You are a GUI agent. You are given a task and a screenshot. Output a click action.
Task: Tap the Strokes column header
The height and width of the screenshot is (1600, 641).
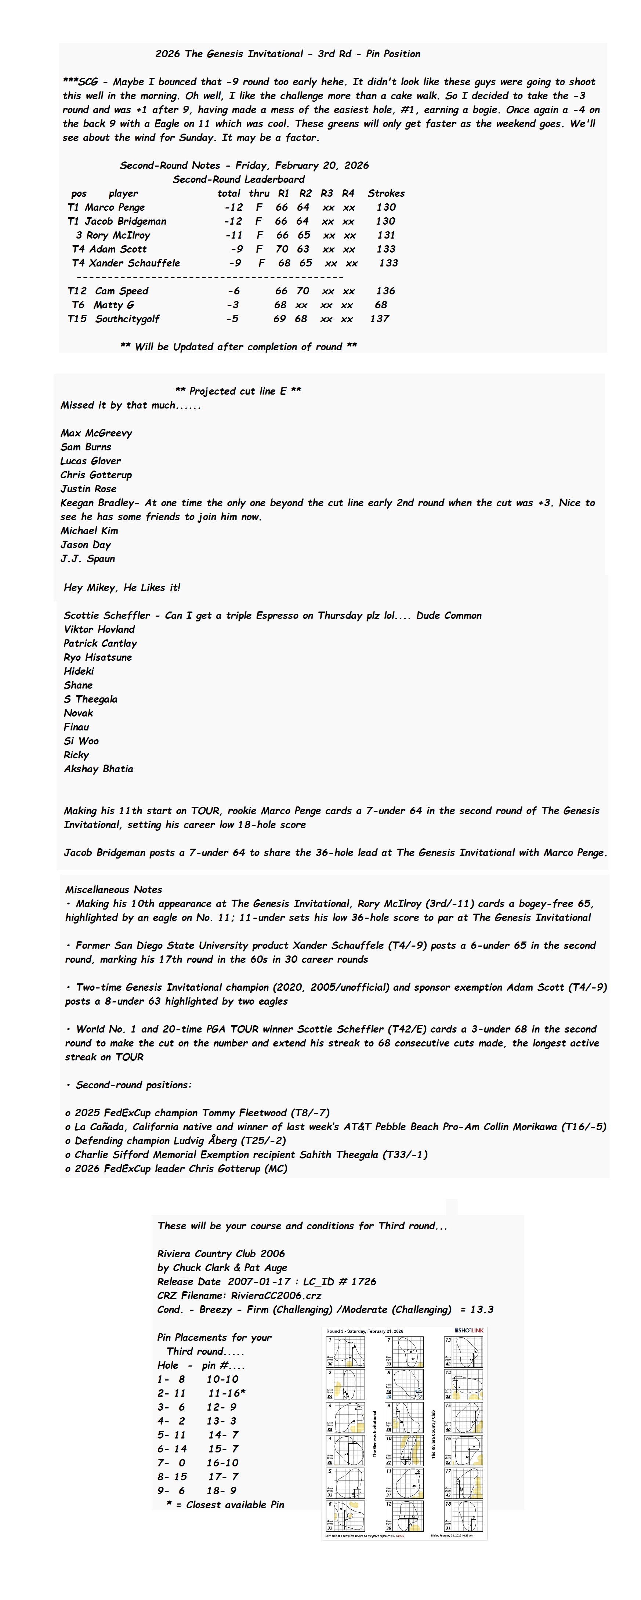[386, 193]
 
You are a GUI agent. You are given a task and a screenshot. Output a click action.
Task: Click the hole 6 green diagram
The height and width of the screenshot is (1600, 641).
[346, 1517]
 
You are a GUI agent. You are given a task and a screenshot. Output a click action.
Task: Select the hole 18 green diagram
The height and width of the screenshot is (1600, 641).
[465, 1517]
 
